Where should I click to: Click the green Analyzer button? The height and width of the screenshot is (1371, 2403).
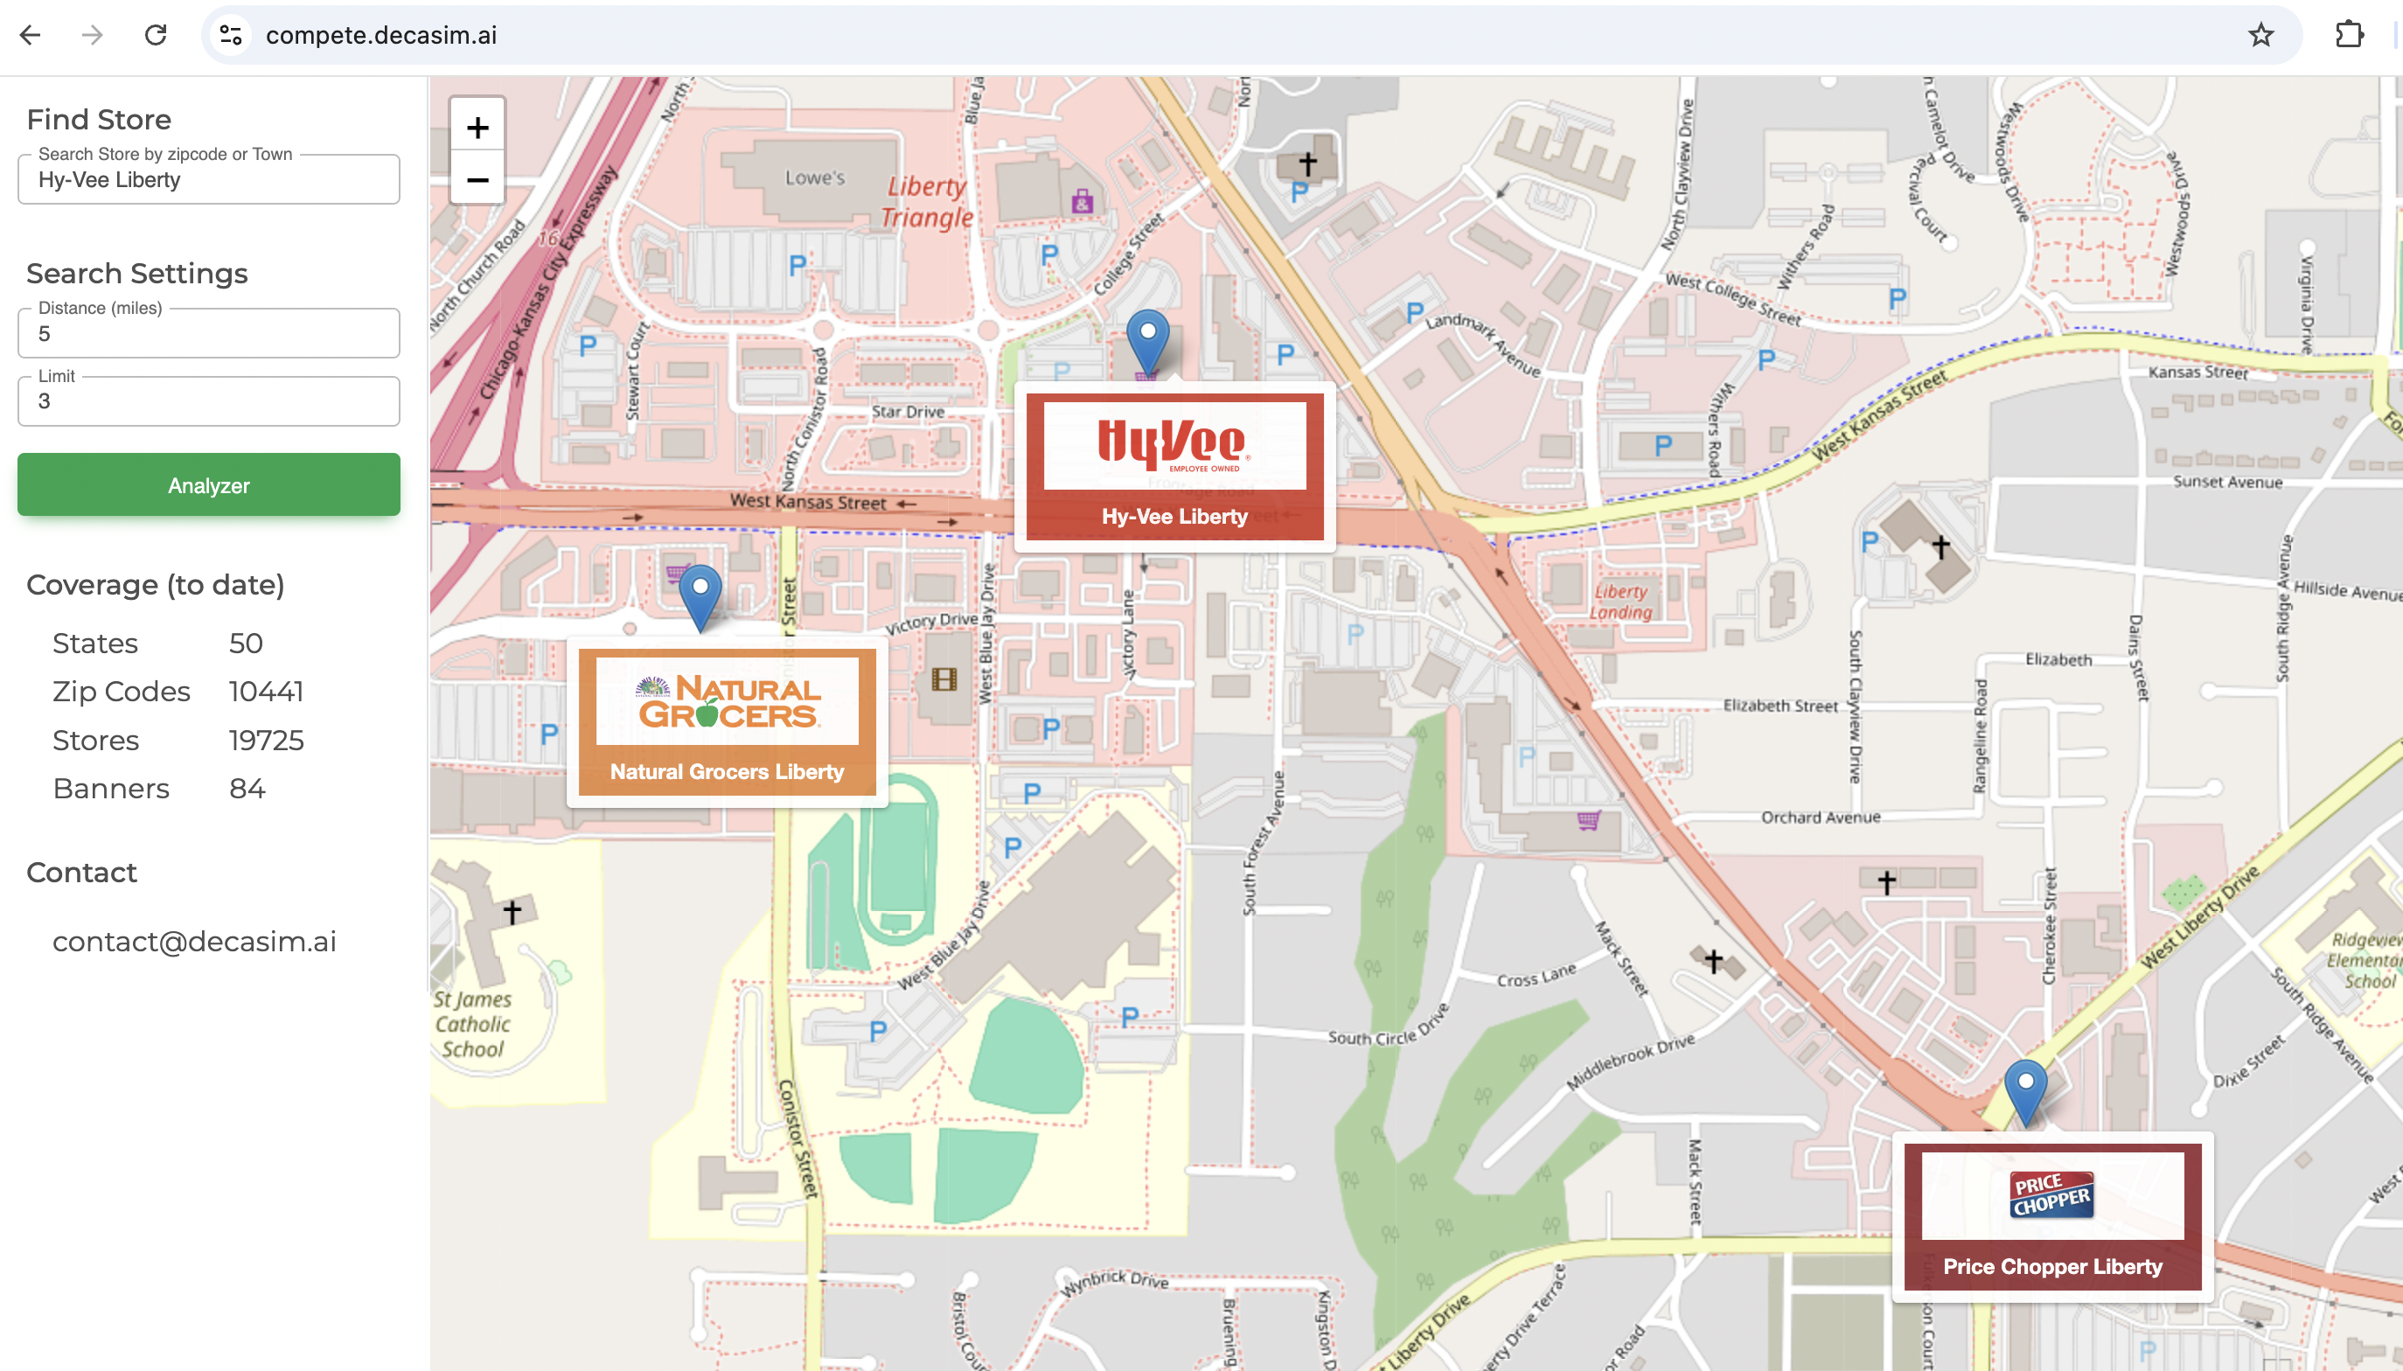[x=208, y=485]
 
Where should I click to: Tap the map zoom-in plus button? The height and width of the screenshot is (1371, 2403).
[x=477, y=127]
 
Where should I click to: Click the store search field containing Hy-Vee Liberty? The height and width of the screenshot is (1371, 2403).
[x=208, y=180]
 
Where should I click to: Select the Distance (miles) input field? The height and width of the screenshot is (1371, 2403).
[x=208, y=333]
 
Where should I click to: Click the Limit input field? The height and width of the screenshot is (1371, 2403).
[x=208, y=401]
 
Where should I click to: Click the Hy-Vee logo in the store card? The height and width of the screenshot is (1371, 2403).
[x=1174, y=444]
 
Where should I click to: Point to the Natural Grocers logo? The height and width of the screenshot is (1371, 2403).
[x=727, y=701]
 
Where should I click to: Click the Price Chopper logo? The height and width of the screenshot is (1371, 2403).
[x=2051, y=1195]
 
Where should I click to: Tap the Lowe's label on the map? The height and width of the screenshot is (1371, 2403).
[x=814, y=177]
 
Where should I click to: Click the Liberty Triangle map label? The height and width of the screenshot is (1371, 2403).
[x=927, y=201]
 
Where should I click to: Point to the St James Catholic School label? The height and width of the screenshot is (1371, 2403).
[x=473, y=1024]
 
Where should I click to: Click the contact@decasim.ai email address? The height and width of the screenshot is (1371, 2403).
[x=194, y=942]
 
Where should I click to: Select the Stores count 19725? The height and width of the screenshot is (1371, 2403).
[x=267, y=740]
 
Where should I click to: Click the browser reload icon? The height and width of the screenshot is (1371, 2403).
[x=156, y=35]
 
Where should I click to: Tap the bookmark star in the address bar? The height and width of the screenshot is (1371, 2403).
[x=2260, y=35]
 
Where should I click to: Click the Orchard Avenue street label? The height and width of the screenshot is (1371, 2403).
[x=1820, y=818]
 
